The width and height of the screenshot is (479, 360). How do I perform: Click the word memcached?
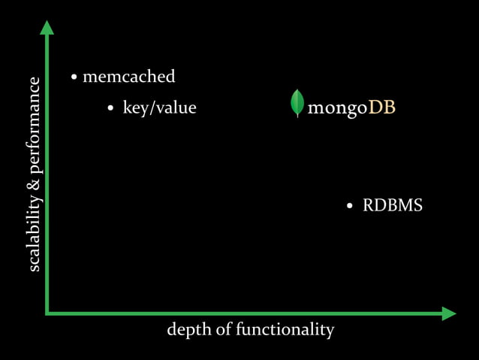pos(128,77)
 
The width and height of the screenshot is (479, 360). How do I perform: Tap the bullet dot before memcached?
pos(74,77)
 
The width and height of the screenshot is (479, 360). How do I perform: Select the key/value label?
pos(159,107)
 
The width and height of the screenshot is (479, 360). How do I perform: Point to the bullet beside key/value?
pos(110,108)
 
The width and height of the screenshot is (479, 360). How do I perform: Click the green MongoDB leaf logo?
pos(297,103)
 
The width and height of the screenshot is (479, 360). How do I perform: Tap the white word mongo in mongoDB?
pos(337,107)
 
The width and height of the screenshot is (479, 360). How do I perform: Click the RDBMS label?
pos(392,205)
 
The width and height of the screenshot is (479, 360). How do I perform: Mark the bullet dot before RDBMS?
pos(350,206)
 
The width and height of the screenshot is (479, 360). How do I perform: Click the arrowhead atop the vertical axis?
pos(47,28)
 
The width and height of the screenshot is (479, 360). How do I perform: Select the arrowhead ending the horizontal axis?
pos(448,313)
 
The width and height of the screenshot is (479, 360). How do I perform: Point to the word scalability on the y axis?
pos(34,230)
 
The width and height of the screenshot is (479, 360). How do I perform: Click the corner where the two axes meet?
pos(47,312)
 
